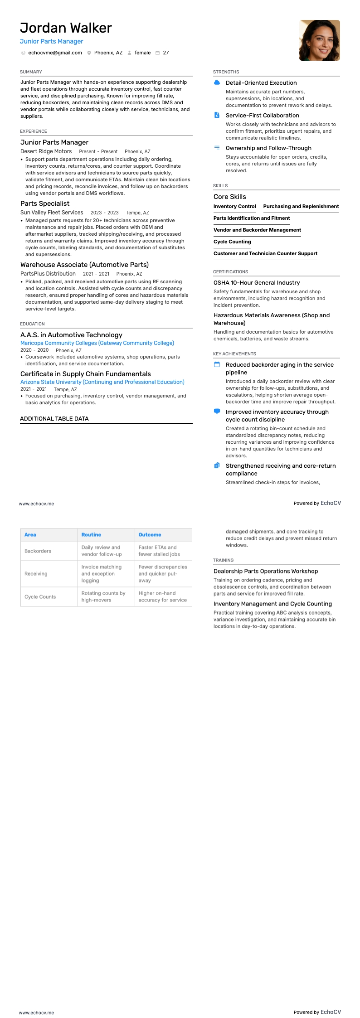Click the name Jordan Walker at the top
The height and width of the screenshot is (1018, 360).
[x=66, y=28]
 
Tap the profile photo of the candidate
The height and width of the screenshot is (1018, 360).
[x=319, y=40]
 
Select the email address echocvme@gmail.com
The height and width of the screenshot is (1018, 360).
[x=55, y=53]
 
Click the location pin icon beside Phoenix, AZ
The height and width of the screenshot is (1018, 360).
[x=89, y=53]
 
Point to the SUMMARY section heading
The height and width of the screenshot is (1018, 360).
[x=31, y=72]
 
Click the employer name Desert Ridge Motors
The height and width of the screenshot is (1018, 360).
[x=46, y=151]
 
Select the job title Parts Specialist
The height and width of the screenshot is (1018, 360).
[x=45, y=204]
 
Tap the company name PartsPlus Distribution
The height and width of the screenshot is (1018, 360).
[x=48, y=274]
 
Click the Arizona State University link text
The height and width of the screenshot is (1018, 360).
[x=102, y=382]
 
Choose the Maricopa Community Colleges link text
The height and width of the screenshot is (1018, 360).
[x=97, y=343]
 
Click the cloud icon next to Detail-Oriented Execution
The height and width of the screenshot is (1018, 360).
[x=217, y=82]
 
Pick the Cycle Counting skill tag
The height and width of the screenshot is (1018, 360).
[x=232, y=242]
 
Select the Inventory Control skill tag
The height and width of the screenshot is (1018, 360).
[x=234, y=206]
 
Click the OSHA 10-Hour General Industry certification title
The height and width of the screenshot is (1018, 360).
[x=257, y=283]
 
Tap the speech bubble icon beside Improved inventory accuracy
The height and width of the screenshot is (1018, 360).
[x=217, y=412]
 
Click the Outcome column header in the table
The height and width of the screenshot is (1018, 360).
[x=150, y=535]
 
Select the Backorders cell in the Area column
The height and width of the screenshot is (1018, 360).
[x=38, y=551]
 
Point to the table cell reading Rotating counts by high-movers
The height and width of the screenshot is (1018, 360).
[x=103, y=596]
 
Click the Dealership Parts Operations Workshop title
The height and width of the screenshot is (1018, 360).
[x=266, y=571]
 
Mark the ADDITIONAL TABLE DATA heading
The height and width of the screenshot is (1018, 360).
[x=54, y=419]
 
